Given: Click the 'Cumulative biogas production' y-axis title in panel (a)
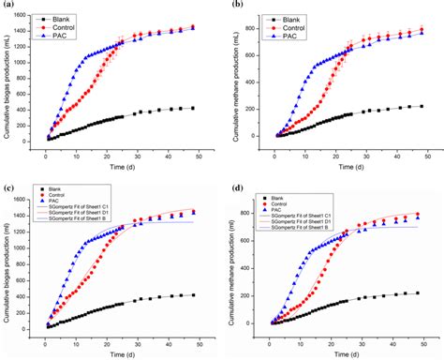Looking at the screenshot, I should [9, 80].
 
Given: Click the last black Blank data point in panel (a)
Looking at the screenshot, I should [193, 109].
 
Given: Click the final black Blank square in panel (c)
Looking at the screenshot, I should [193, 295].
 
